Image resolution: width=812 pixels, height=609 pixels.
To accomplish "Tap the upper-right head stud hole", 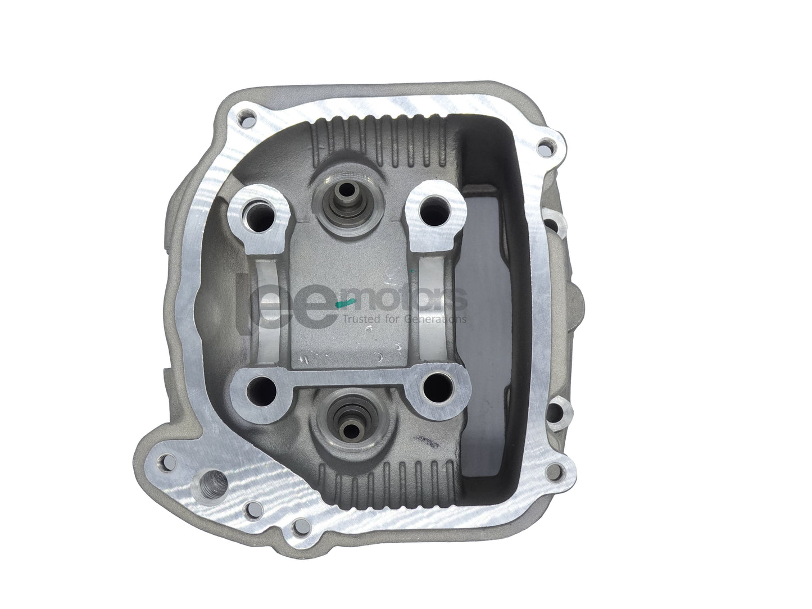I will (x=433, y=213).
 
